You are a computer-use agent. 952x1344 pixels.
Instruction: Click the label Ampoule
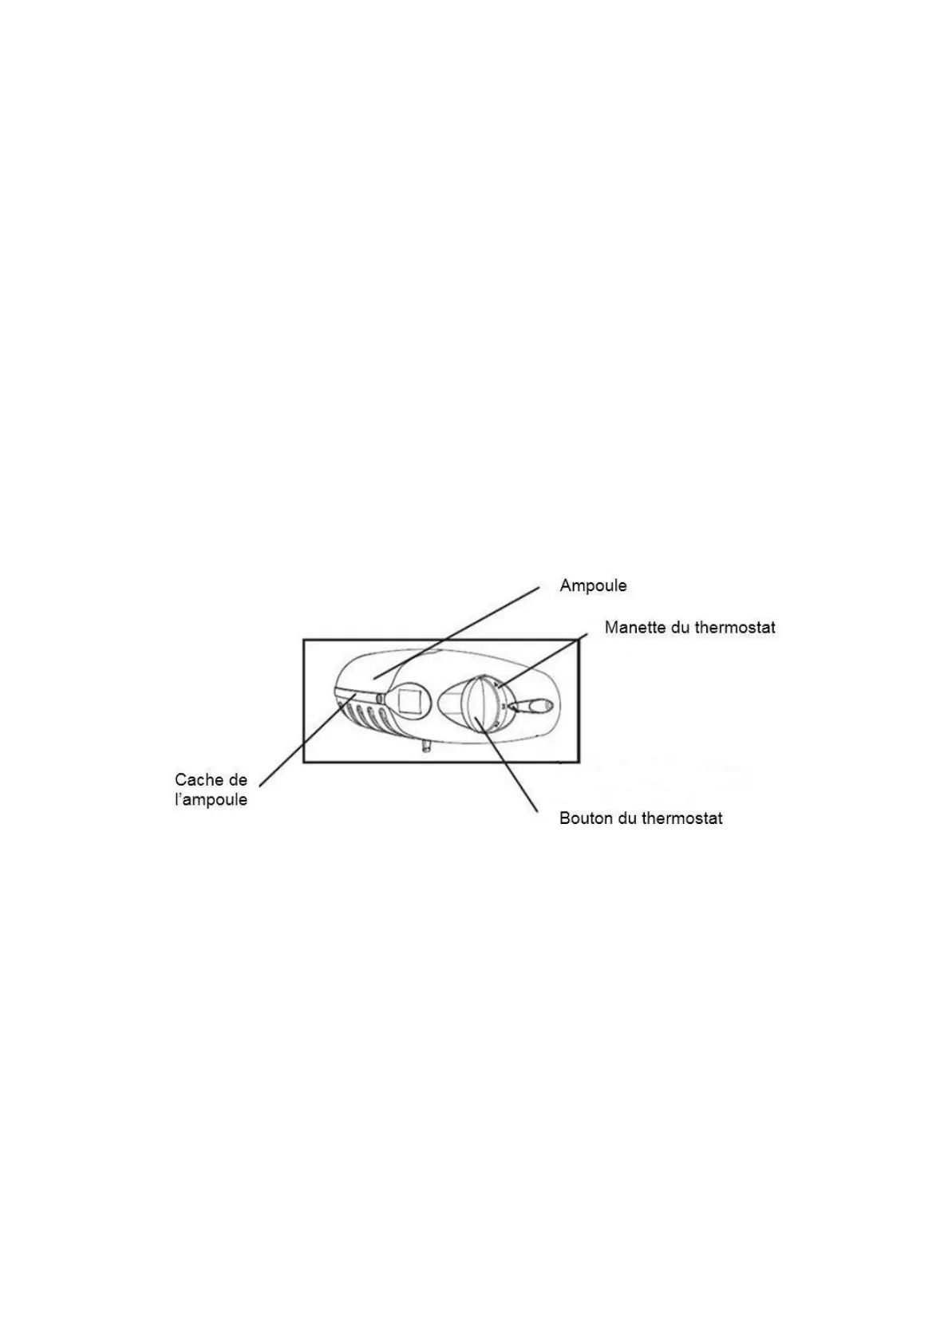(x=593, y=585)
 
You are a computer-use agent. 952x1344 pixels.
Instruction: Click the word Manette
(x=635, y=627)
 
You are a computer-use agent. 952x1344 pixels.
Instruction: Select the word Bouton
(x=587, y=818)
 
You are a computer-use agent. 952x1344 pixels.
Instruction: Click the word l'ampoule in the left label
(x=211, y=800)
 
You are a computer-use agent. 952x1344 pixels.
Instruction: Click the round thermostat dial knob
(x=477, y=702)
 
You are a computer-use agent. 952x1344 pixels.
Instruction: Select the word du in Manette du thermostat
(x=681, y=627)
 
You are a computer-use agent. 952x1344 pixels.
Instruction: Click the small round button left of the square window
(x=381, y=699)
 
